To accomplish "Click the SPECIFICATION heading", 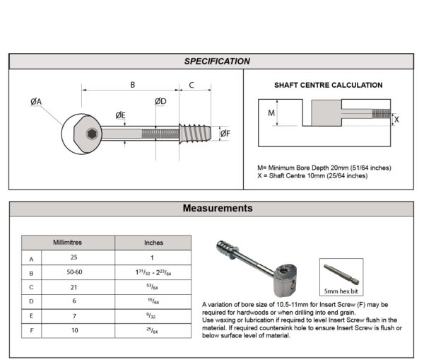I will coord(217,62).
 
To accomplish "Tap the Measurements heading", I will coord(217,209).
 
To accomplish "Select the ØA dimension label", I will coord(36,102).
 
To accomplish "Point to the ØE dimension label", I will coord(120,115).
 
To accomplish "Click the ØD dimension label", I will coord(160,101).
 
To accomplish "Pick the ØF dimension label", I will coord(225,133).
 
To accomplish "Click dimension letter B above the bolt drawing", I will coord(131,85).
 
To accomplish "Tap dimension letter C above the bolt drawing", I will coord(192,85).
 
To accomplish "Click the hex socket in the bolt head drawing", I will coord(92,133).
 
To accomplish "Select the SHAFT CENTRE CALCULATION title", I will coord(328,85).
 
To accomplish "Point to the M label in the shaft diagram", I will coord(271,112).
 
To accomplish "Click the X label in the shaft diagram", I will coord(396,120).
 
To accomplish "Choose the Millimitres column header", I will coord(68,242).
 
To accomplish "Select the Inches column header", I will coord(153,242).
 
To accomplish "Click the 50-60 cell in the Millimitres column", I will coord(68,272).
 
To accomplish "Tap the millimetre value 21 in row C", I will coord(68,287).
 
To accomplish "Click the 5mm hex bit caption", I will coord(341,291).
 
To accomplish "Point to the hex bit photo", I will coord(341,272).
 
